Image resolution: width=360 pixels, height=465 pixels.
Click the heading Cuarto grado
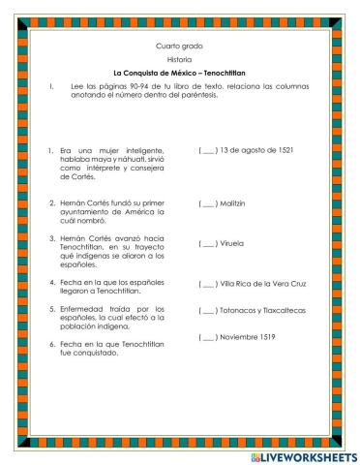(180, 46)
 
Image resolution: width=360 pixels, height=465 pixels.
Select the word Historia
(180, 60)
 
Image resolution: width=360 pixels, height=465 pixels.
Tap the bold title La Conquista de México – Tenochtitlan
(180, 74)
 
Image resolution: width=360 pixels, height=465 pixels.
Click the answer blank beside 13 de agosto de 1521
(207, 151)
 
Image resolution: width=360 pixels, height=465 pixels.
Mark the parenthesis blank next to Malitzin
(207, 204)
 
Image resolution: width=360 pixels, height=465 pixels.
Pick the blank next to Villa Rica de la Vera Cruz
(207, 286)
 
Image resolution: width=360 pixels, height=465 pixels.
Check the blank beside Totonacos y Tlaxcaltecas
(207, 311)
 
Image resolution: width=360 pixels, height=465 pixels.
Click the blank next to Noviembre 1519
(207, 337)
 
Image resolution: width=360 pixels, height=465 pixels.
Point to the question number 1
(49, 151)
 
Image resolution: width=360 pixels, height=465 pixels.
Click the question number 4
(49, 283)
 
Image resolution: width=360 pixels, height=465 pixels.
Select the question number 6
(49, 344)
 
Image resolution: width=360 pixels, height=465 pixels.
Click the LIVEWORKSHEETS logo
(303, 455)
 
